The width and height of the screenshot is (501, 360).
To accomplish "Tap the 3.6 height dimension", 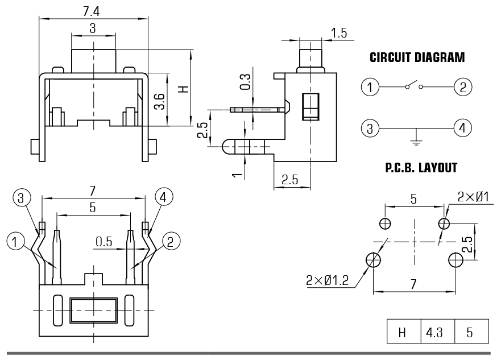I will tap(160, 101).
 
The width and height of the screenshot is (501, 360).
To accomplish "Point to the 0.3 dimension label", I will tap(246, 82).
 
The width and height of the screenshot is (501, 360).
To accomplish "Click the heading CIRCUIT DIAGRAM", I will tap(417, 57).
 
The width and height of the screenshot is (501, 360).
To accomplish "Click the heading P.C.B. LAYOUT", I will tap(421, 168).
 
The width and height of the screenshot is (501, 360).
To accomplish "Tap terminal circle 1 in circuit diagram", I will tap(370, 87).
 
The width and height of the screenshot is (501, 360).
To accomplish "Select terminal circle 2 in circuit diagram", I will tap(463, 87).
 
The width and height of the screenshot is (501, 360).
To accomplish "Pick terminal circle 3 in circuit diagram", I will tap(370, 127).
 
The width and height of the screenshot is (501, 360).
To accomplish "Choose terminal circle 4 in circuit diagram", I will tap(463, 127).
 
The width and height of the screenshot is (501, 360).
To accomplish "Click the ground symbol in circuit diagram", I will tap(416, 138).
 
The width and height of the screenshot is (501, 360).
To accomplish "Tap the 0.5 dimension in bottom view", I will tap(104, 241).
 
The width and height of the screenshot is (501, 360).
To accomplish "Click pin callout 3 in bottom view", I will tap(21, 198).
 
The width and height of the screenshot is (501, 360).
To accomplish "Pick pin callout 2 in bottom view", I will tap(170, 241).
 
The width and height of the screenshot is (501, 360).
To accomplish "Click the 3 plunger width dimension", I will tap(92, 28).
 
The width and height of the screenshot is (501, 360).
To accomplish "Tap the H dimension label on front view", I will tap(182, 89).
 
